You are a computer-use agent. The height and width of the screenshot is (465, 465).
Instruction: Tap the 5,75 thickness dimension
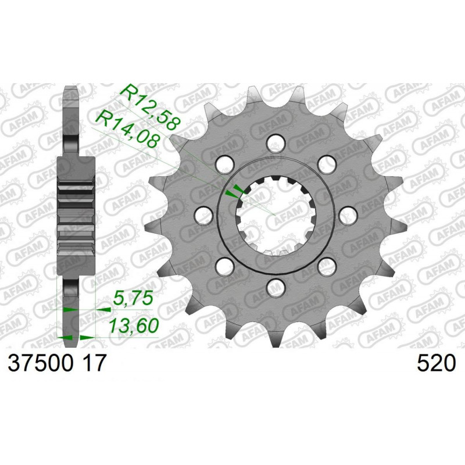pos(133,299)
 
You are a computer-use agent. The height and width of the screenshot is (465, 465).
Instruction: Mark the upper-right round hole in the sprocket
pos(327,163)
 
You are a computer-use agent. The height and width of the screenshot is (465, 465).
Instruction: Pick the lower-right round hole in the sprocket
pos(327,265)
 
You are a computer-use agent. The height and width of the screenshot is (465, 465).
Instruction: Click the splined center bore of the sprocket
pos(274,214)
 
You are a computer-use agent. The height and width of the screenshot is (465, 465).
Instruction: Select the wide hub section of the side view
pos(76,215)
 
